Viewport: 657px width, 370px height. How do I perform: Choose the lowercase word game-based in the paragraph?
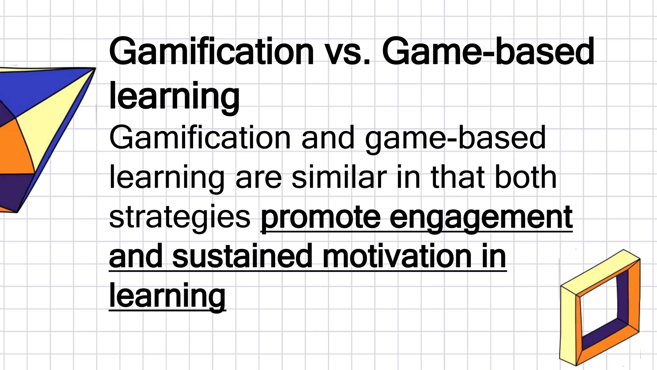coord(455,138)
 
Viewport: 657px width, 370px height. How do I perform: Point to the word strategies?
coord(180,217)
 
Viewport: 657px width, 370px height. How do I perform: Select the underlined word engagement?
coord(481,217)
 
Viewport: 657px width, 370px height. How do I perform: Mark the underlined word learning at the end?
coord(167,295)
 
